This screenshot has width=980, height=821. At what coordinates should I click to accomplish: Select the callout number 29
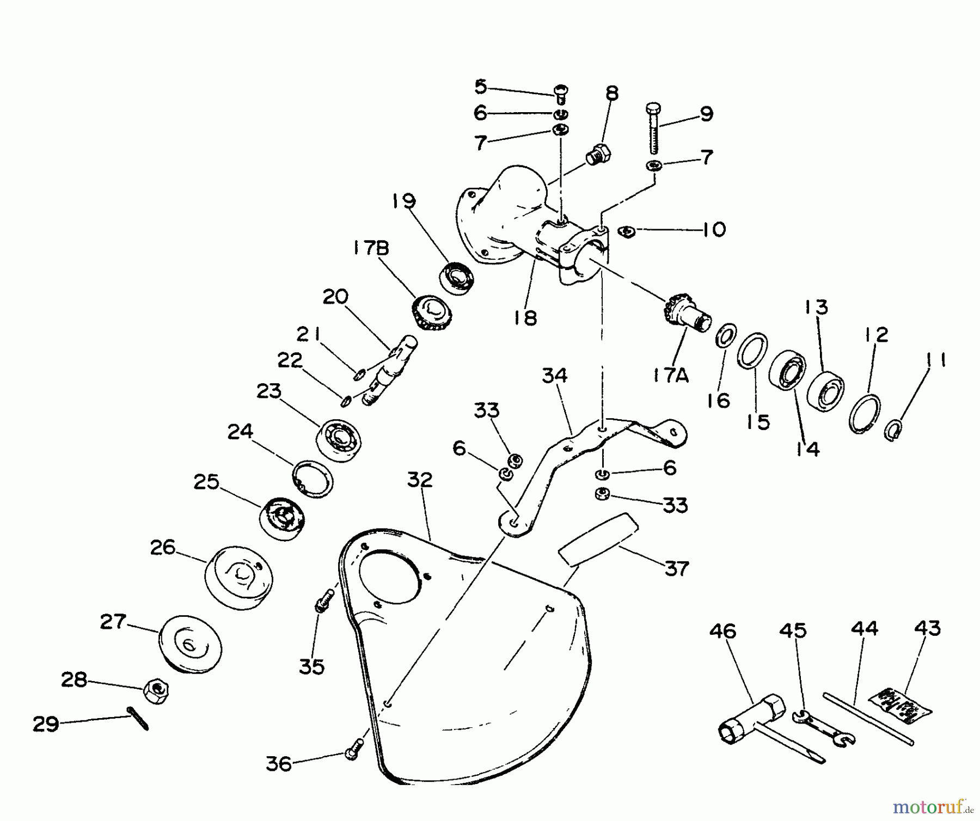tap(46, 724)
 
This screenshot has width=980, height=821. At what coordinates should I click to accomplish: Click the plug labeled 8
tap(598, 154)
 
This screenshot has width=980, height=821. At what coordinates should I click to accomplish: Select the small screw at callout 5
tap(560, 94)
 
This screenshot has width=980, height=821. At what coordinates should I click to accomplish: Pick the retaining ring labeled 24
tap(313, 478)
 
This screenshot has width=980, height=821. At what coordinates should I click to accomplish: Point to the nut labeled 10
tap(627, 231)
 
